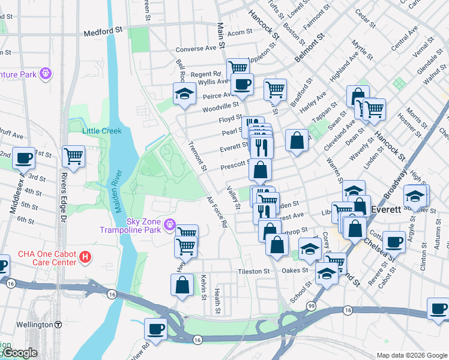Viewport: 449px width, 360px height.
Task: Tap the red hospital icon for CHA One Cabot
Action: [86, 257]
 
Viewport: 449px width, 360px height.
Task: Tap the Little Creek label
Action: [101, 131]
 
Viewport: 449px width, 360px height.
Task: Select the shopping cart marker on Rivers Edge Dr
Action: [73, 157]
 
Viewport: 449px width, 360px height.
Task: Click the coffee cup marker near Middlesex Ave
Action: [23, 158]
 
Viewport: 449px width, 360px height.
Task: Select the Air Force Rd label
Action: [216, 212]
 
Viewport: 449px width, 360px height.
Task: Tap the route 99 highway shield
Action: [311, 306]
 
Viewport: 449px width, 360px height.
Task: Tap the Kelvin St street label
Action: [204, 283]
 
